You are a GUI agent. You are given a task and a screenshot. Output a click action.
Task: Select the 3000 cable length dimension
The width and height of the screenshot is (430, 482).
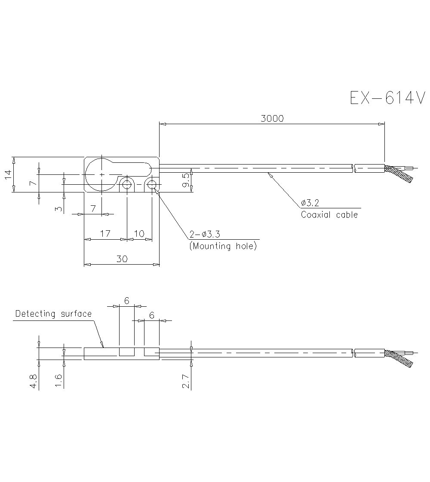272,119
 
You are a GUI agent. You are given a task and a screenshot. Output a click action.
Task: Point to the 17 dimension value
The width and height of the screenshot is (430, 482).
105,234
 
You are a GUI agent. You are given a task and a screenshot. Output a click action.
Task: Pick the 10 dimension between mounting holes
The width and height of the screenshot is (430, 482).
139,234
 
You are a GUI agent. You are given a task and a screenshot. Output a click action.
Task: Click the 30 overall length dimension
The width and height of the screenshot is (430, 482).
122,259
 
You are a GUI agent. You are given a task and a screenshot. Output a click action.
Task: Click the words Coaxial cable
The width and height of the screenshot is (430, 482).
329,215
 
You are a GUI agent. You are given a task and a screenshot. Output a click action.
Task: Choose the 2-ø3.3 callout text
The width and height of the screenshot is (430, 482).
205,235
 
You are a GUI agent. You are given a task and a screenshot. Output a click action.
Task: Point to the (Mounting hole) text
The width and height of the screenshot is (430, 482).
223,247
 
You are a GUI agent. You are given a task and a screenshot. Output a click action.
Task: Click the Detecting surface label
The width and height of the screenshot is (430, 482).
53,314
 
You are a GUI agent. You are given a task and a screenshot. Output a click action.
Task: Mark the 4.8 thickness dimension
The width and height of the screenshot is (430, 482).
34,381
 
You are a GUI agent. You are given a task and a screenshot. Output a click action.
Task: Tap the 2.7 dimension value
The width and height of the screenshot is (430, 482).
186,381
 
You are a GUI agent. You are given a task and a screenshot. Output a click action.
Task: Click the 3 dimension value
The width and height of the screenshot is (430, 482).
58,209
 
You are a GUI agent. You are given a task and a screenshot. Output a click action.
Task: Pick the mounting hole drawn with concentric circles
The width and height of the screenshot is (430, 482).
127,185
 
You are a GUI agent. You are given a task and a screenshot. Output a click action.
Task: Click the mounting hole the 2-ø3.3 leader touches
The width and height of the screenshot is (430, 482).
152,185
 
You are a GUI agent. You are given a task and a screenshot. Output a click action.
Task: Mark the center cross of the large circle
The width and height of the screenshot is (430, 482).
101,175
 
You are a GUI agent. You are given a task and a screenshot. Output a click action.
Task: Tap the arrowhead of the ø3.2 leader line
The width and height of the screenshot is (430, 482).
269,174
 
